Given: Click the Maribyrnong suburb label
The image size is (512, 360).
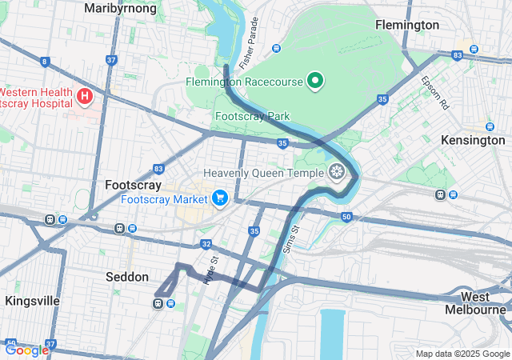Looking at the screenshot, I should pos(120,9).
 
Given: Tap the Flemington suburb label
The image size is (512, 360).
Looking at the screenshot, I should pos(407,25).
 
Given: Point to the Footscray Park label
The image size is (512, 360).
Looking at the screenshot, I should pos(252,116).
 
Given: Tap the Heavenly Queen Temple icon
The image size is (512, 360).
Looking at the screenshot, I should pos(338,171).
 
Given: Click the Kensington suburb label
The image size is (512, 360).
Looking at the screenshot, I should pos(473,140).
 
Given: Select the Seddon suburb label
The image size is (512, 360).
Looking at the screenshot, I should pos(127,277).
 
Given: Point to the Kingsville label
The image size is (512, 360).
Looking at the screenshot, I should pos(32,301).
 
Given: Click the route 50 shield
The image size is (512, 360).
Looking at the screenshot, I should pos(346,217).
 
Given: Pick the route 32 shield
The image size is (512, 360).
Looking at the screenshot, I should pos(206,244).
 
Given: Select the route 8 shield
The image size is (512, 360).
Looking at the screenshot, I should pos(45,61).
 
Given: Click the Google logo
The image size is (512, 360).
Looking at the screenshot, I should pos(26,350).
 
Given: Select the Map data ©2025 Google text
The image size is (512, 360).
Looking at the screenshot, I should pos(462,354).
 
